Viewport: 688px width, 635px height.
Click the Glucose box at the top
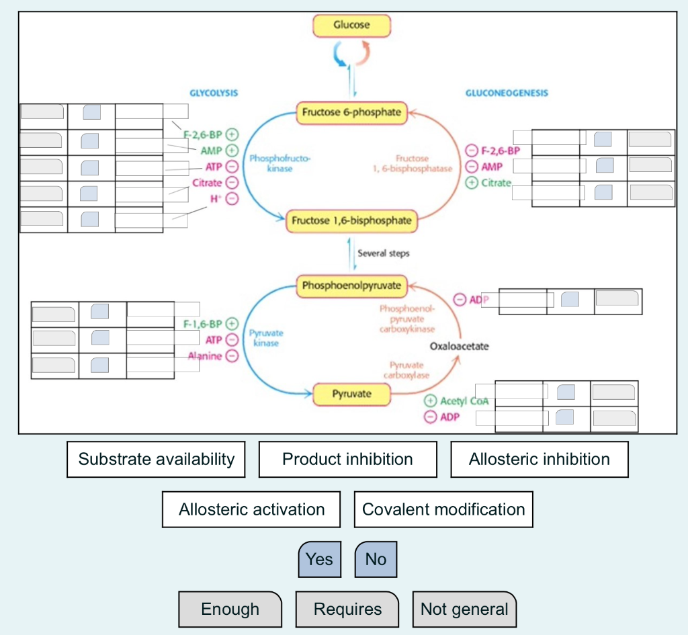(x=351, y=26)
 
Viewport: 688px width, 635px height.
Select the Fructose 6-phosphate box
(x=352, y=113)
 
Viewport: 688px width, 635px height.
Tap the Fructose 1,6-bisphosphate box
(x=351, y=220)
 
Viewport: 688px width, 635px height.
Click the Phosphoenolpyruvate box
(x=351, y=286)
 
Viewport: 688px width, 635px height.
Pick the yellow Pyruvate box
(x=351, y=394)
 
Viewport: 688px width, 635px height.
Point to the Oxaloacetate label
(x=460, y=347)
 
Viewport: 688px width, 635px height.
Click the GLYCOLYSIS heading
(x=214, y=93)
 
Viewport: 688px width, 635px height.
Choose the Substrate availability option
(x=156, y=460)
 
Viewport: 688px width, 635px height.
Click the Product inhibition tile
(x=347, y=460)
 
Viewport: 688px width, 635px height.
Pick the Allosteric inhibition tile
(x=540, y=460)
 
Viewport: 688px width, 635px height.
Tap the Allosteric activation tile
(x=251, y=509)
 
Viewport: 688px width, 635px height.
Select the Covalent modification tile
(x=443, y=509)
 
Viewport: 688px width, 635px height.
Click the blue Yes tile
(x=319, y=559)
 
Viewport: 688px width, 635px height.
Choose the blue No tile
(x=376, y=559)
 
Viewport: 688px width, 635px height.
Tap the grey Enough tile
(x=230, y=609)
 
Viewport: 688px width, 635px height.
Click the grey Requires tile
(x=347, y=609)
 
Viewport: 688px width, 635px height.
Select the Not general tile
(x=464, y=609)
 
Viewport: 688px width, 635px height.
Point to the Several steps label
(x=384, y=253)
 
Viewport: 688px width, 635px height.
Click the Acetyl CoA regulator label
(x=464, y=401)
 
